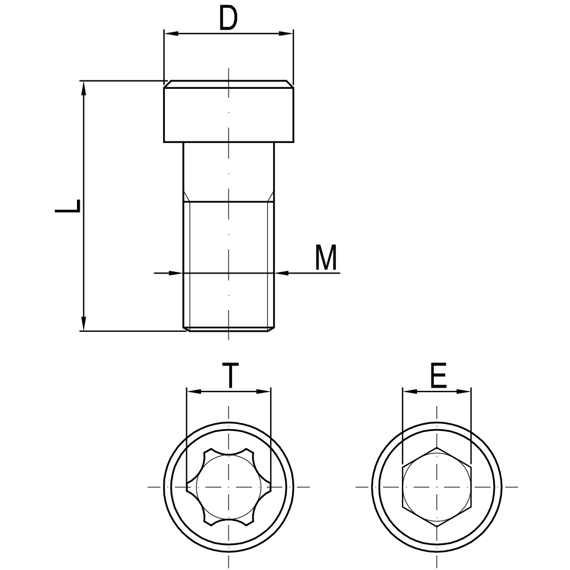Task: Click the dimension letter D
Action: pos(228,19)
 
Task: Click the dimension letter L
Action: pos(67,206)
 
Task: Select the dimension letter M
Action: pos(327,258)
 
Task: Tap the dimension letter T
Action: pos(229,376)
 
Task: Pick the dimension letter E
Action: pos(438,376)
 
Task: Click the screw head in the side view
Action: pos(229,112)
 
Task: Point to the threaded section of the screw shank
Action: pos(229,262)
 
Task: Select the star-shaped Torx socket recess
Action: pos(229,487)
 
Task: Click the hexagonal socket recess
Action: pos(437,487)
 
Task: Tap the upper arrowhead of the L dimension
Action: pos(84,87)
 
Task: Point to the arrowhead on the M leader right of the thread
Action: pos(282,273)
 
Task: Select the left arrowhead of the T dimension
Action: pos(193,392)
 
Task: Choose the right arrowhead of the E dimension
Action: pos(465,391)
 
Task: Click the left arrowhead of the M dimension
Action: pos(176,273)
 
